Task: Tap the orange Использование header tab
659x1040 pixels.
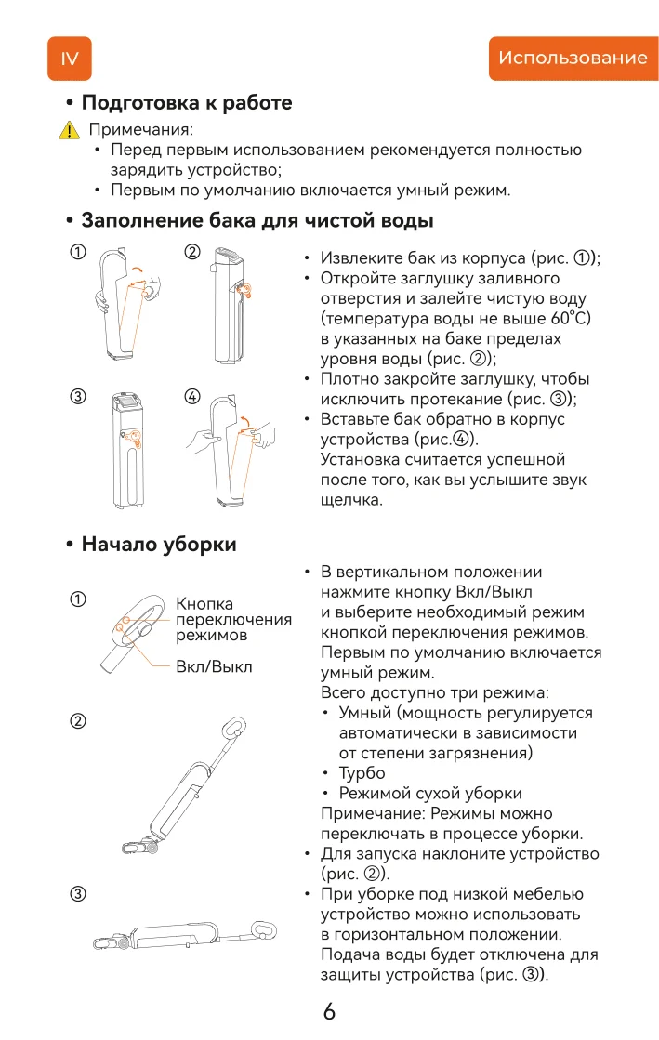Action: pos(573,59)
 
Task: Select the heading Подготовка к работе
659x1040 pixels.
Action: pos(186,103)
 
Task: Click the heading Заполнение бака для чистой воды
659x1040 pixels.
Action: pos(257,221)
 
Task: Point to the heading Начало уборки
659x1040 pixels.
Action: pos(158,544)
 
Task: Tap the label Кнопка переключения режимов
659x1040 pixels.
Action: pos(233,620)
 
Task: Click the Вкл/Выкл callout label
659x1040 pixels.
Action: pos(214,666)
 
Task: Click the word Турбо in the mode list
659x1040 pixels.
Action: pos(362,773)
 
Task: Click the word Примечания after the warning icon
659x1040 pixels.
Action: pos(140,130)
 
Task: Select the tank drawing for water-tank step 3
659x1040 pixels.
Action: pos(127,446)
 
